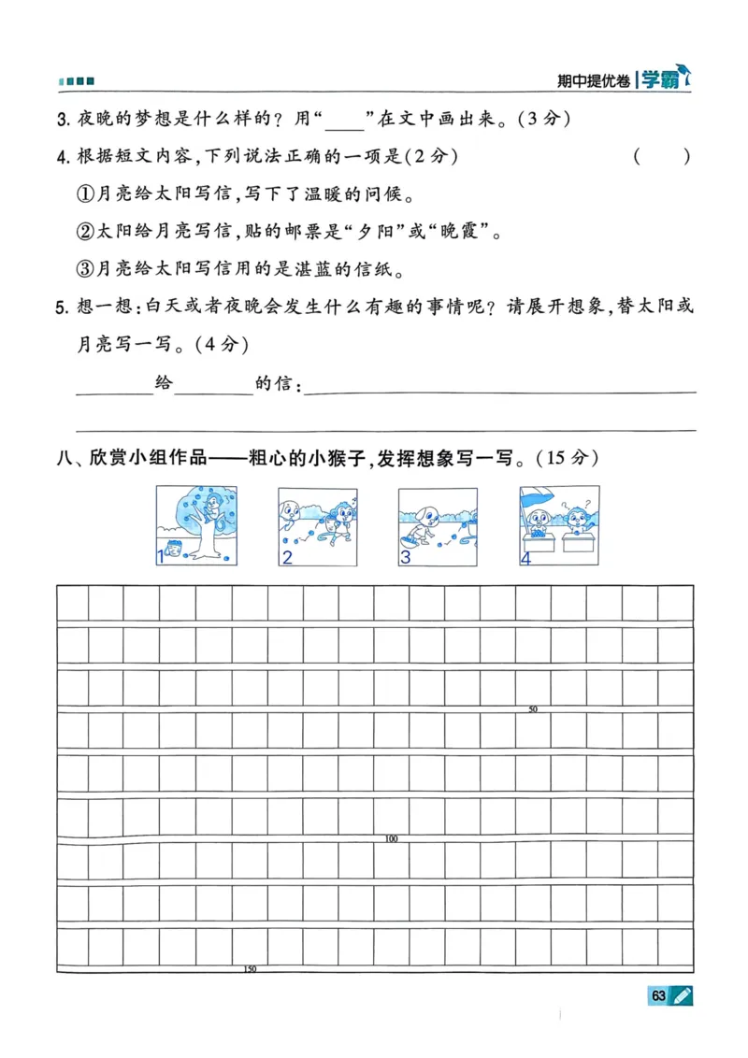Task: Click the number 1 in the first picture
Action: [x=161, y=558]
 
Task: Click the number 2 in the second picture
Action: [x=287, y=558]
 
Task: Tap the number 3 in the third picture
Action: [x=405, y=558]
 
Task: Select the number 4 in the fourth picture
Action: [x=525, y=558]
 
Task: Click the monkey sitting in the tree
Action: [x=217, y=507]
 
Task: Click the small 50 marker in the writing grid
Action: [x=533, y=709]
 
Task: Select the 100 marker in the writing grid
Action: [x=391, y=839]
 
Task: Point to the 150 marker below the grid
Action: [x=250, y=969]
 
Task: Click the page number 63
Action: [x=658, y=996]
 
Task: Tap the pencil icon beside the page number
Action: [x=682, y=996]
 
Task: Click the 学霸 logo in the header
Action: [x=660, y=80]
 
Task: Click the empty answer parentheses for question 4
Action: [x=662, y=157]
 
